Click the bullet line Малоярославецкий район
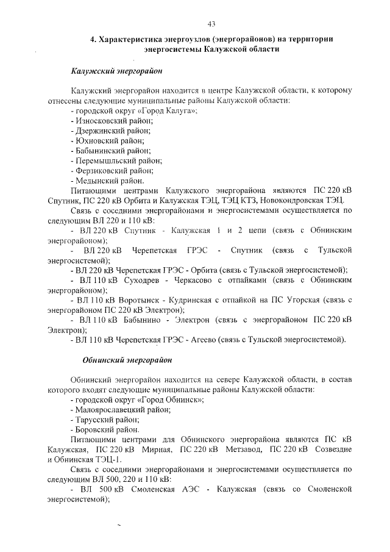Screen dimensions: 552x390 click(120, 410)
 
